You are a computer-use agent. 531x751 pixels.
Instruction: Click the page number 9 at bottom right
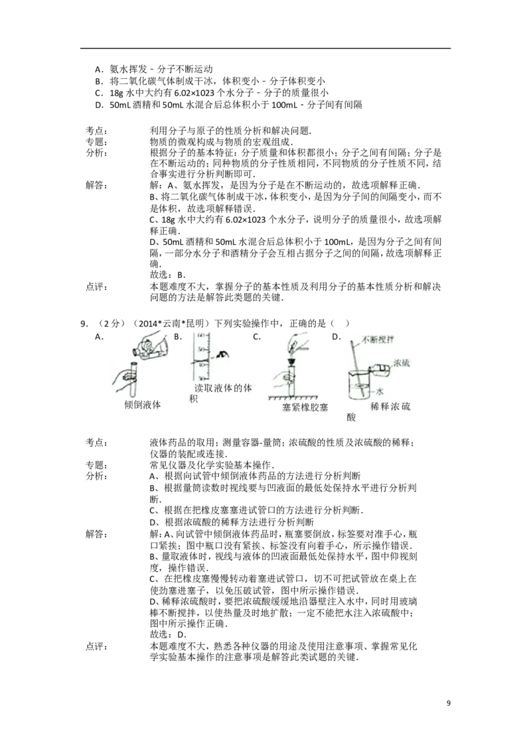click(448, 703)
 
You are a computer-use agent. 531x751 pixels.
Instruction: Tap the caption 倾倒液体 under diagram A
click(142, 404)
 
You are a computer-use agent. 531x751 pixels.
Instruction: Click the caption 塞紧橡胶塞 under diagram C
click(305, 407)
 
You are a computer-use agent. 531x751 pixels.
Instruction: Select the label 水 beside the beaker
click(380, 391)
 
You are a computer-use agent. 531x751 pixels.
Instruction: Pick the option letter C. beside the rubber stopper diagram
click(257, 337)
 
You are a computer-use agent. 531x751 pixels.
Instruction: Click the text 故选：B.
click(167, 275)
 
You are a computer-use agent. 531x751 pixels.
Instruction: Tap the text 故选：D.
click(167, 635)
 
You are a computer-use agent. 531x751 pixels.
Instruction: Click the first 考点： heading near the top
click(97, 131)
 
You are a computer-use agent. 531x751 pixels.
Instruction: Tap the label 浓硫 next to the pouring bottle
click(402, 363)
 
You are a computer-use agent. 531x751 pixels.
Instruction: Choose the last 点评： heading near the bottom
click(97, 647)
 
